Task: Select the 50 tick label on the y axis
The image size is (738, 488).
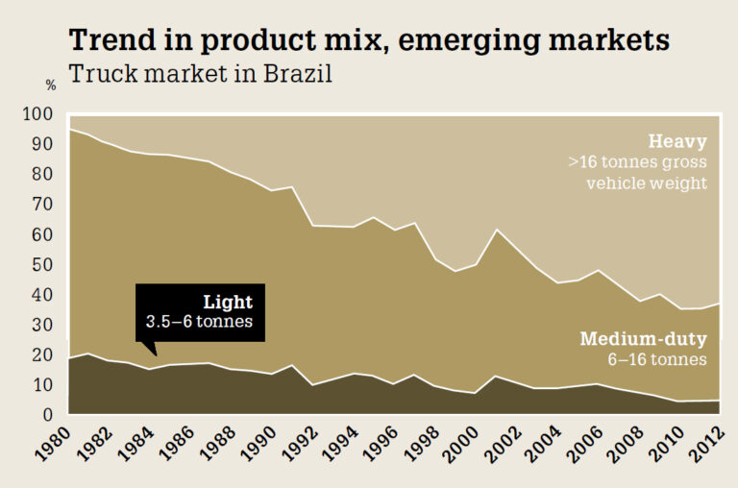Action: point(43,265)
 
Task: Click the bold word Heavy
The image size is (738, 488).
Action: point(677,140)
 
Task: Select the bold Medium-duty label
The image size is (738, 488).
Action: point(643,339)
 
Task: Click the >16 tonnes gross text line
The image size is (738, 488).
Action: point(637,161)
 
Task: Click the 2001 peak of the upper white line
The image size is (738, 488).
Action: point(494,229)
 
